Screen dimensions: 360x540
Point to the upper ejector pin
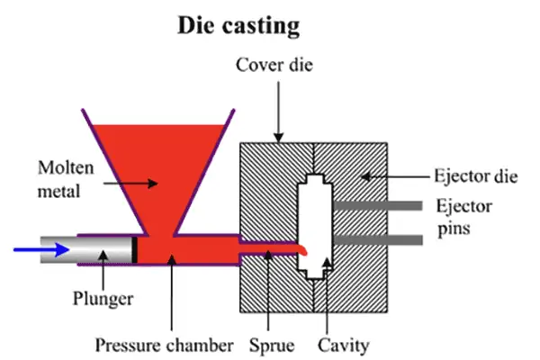click(x=378, y=207)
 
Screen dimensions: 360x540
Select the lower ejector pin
click(x=378, y=239)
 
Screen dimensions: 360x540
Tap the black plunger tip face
click(x=135, y=248)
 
